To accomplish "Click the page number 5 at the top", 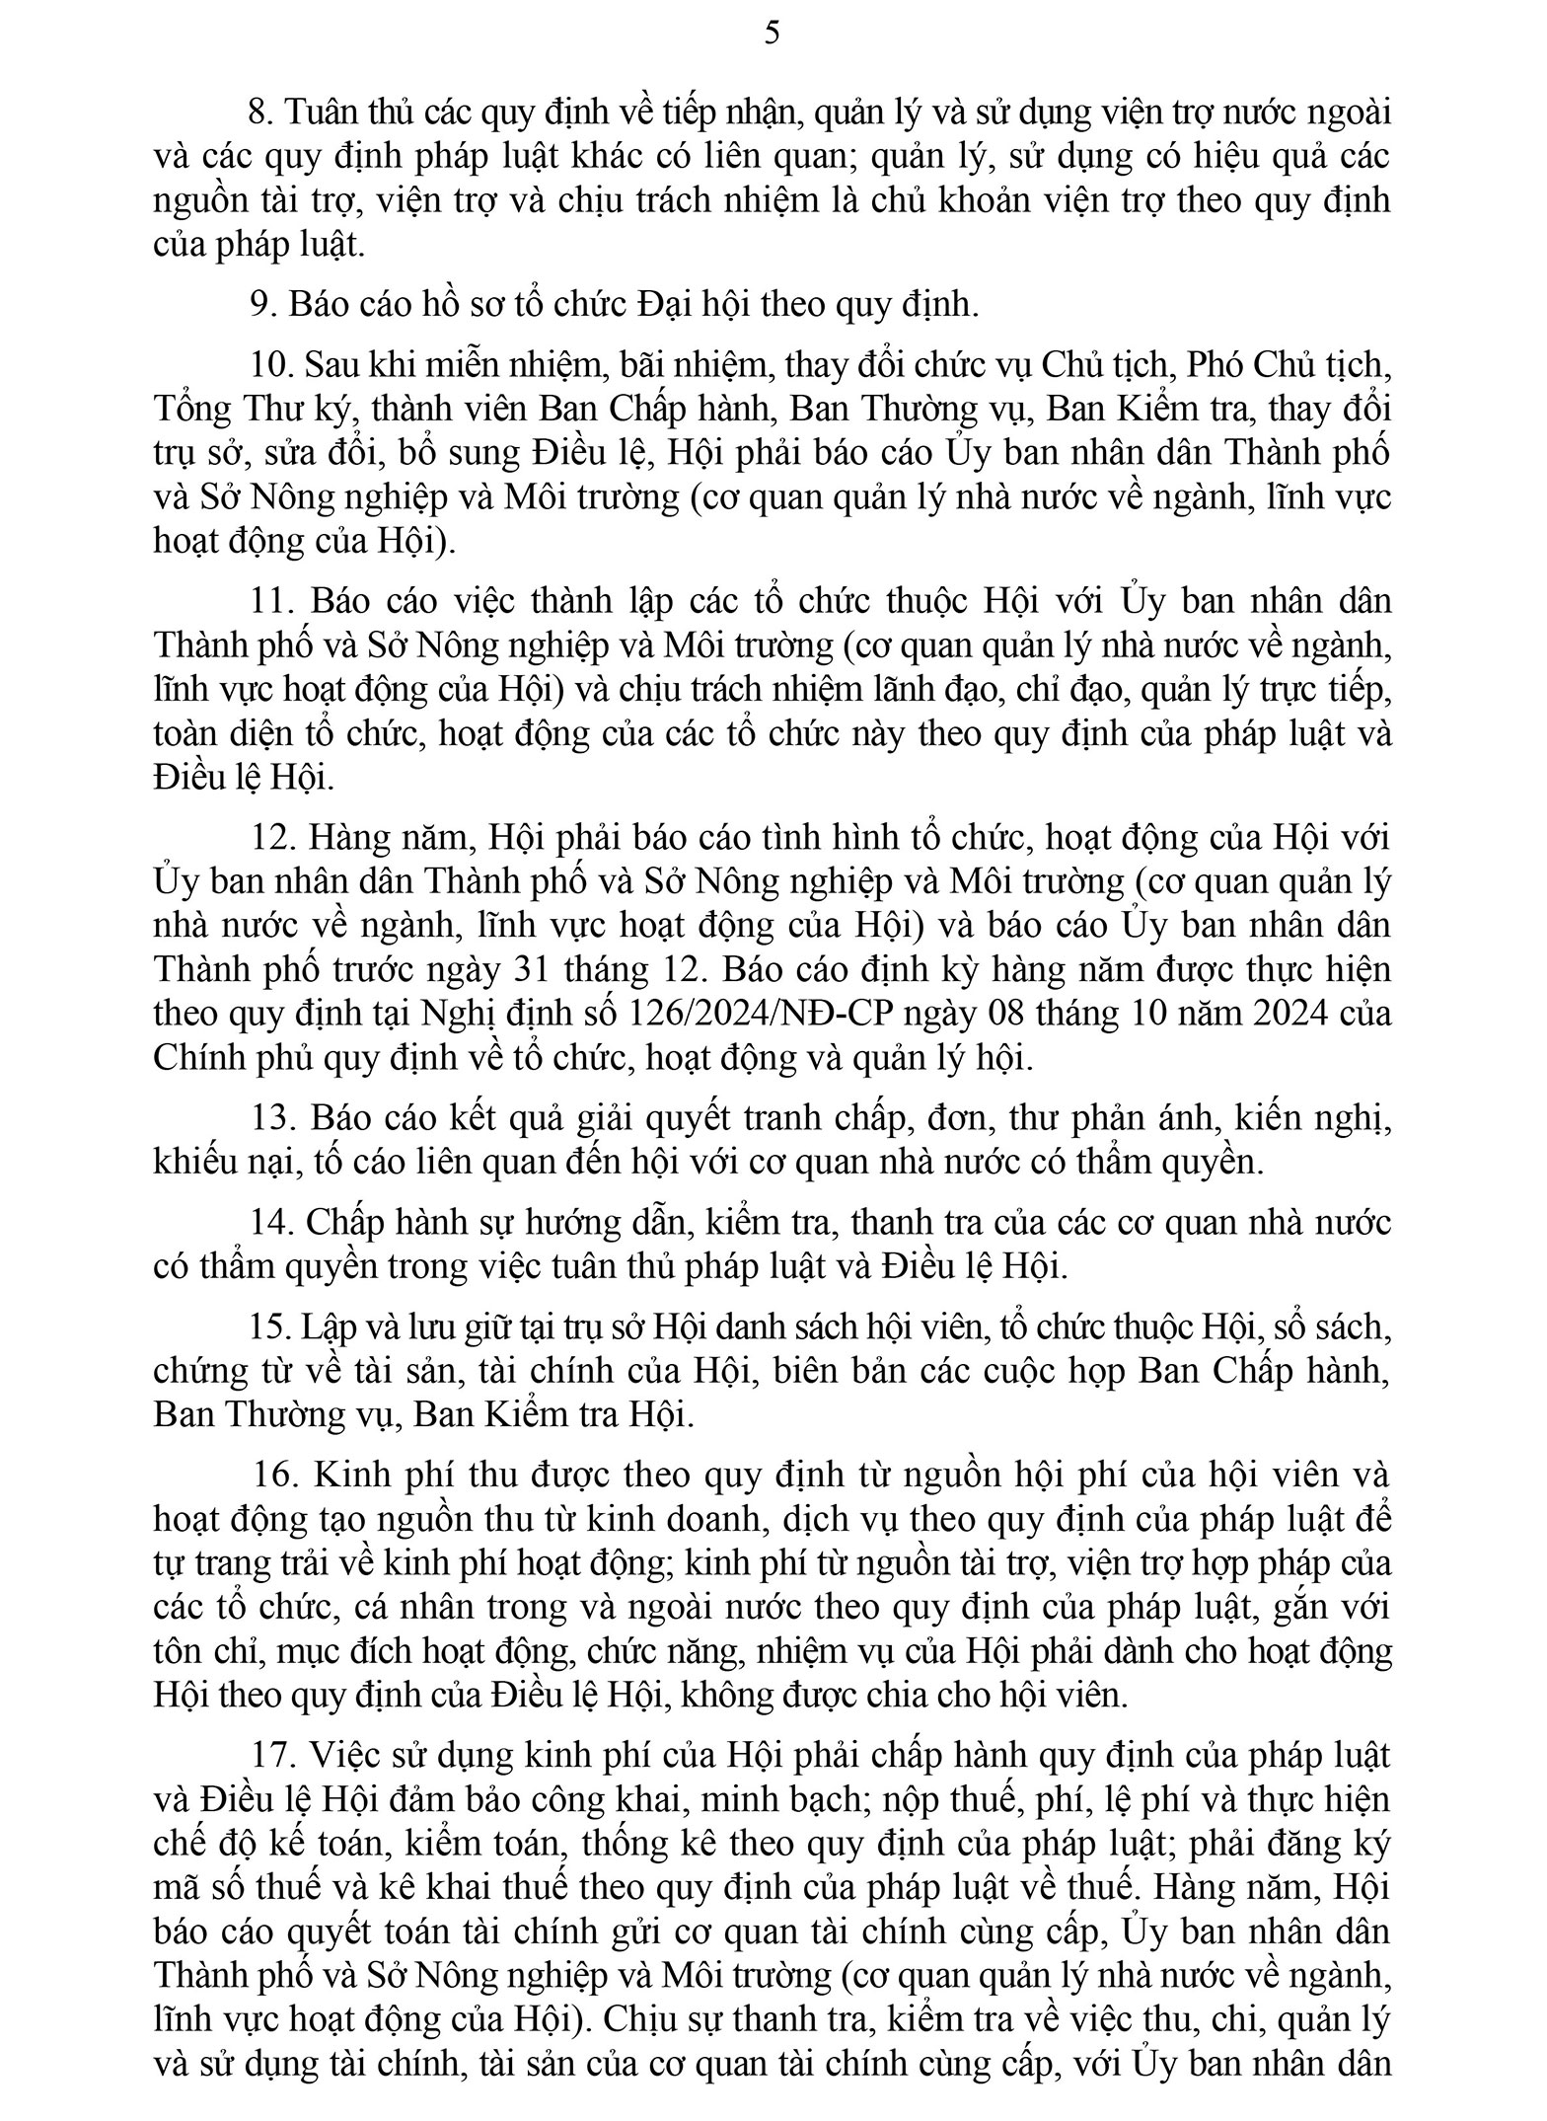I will point(773,34).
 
